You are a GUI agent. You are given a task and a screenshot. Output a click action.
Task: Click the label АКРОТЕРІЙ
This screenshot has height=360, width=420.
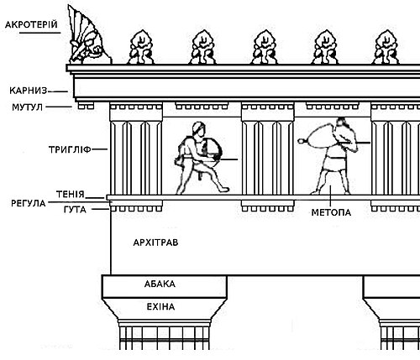[x=31, y=24]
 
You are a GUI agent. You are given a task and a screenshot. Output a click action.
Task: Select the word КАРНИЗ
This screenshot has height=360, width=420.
[x=28, y=91]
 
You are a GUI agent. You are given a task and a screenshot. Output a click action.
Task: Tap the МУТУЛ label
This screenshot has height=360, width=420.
[x=27, y=107]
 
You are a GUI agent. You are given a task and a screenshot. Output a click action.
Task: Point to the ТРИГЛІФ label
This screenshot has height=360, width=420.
[x=70, y=149]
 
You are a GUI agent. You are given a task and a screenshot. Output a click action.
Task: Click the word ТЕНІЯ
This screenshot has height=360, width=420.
[x=71, y=194]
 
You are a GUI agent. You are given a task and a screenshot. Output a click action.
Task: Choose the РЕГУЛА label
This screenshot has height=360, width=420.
[x=29, y=203]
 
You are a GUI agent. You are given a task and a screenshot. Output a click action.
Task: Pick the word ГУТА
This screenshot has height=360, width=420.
[x=75, y=210]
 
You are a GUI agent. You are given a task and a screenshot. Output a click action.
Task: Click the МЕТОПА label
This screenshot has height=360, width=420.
[x=331, y=212]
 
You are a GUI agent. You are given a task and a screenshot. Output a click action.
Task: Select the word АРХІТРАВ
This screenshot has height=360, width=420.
[x=155, y=243]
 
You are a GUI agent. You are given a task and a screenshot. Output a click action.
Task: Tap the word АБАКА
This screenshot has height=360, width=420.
[x=160, y=284]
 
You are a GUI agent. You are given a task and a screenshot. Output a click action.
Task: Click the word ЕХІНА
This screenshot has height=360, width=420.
[x=160, y=307]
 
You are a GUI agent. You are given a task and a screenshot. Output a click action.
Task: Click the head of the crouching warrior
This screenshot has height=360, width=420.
[x=198, y=129]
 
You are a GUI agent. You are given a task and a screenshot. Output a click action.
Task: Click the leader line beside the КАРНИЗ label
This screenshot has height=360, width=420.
[x=58, y=91]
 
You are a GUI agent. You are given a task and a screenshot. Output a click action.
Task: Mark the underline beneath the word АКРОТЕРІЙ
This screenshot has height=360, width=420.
[x=39, y=33]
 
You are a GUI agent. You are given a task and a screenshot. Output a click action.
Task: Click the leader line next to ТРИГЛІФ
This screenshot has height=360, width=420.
[x=100, y=149]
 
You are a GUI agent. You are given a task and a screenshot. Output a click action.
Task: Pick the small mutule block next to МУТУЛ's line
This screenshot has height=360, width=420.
[x=86, y=106]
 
